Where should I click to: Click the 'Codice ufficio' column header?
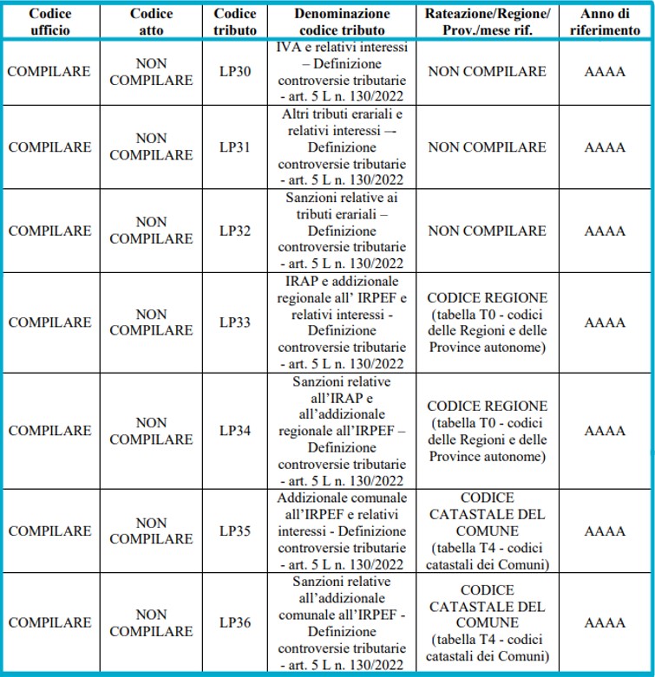tap(49, 22)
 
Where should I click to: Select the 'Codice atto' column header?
tap(152, 22)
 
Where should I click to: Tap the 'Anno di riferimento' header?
tap(605, 22)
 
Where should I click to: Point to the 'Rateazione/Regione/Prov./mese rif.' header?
tap(487, 22)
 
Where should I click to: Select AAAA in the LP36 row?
tap(605, 622)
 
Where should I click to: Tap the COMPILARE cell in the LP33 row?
tap(49, 322)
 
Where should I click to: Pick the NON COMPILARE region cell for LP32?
tap(487, 231)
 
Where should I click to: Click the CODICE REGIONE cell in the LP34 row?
tap(487, 431)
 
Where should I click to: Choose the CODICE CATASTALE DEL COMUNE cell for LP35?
tap(487, 531)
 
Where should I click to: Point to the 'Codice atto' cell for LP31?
tap(152, 147)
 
